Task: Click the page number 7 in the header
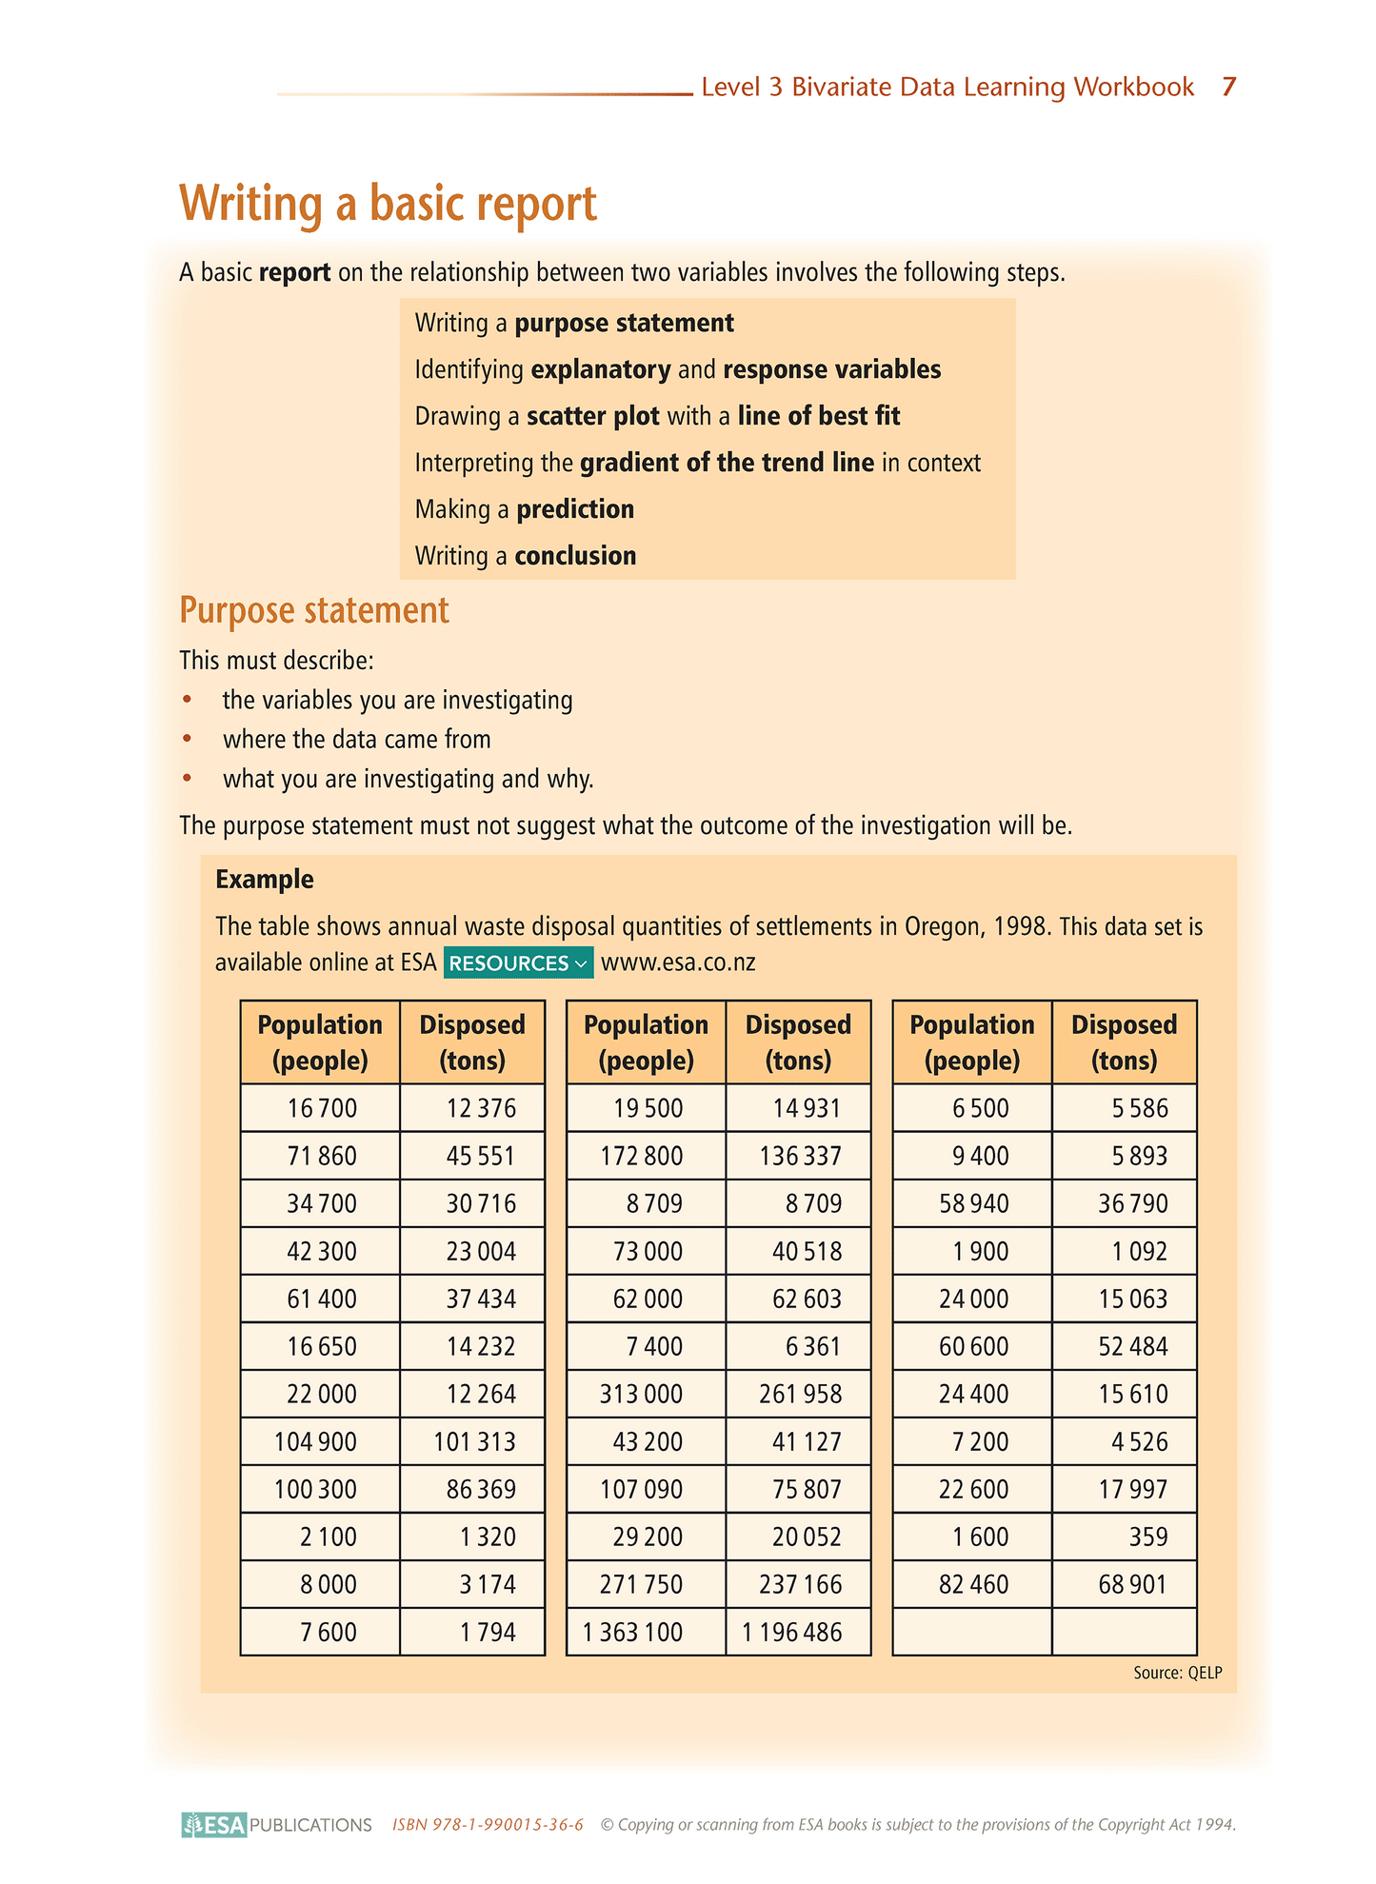click(1228, 88)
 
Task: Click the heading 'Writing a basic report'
click(388, 204)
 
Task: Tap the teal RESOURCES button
click(518, 962)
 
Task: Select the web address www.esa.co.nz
click(678, 962)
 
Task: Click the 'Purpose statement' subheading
click(314, 610)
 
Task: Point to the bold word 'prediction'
click(575, 509)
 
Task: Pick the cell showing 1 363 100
click(633, 1632)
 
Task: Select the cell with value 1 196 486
click(792, 1632)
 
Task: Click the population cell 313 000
click(641, 1394)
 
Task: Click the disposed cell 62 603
click(807, 1299)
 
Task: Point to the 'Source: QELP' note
click(1177, 1673)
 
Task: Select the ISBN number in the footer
click(488, 1825)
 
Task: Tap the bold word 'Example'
click(265, 879)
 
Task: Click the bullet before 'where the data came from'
click(188, 740)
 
